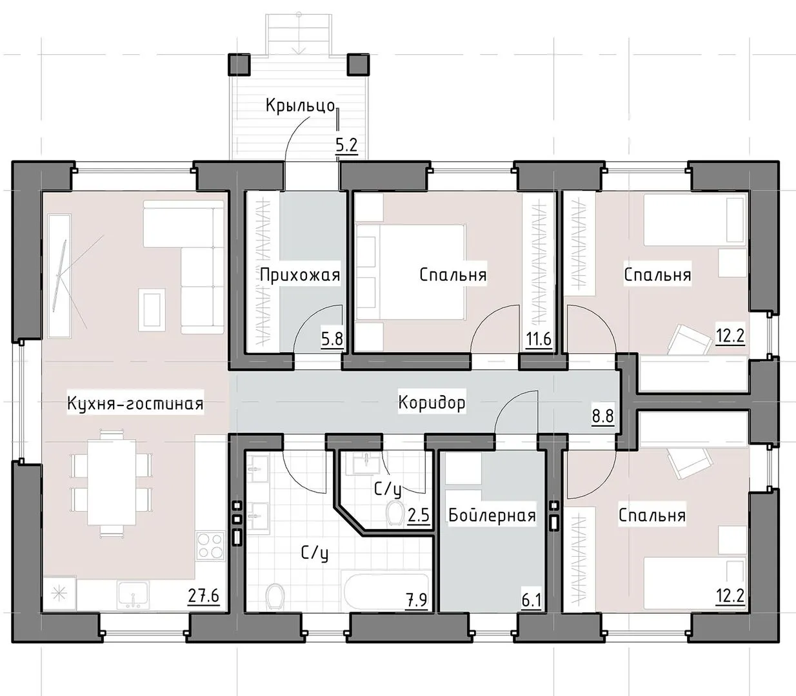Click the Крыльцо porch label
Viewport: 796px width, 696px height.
300,106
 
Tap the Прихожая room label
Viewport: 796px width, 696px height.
300,275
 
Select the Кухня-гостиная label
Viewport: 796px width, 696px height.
135,403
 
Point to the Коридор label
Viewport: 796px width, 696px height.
432,403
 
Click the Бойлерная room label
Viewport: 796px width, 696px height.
492,516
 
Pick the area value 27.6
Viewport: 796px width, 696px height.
204,595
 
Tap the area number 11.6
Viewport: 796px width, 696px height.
539,339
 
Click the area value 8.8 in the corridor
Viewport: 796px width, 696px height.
603,416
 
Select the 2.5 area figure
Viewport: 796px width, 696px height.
418,516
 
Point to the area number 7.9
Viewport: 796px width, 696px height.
416,600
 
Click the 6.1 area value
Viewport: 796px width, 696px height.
531,601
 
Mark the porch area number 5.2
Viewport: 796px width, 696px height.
346,146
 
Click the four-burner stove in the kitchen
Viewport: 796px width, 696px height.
210,545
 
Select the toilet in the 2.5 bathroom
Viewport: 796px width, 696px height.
395,513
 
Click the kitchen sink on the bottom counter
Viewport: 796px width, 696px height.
133,595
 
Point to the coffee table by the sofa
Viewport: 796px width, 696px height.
152,310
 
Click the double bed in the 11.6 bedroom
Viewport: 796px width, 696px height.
410,272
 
